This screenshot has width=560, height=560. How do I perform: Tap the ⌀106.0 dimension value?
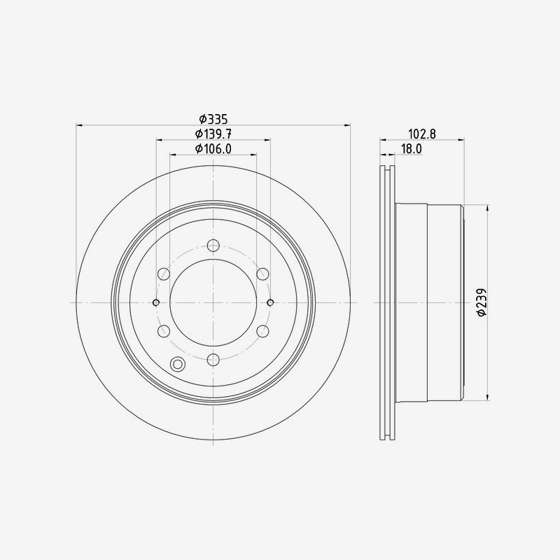pyautogui.click(x=213, y=148)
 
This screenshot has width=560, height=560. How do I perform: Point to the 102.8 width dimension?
pyautogui.click(x=423, y=133)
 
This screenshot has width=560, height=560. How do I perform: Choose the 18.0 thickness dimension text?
pyautogui.click(x=411, y=148)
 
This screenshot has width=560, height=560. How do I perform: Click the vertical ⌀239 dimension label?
pyautogui.click(x=482, y=302)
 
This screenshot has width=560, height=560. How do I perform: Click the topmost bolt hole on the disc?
pyautogui.click(x=213, y=246)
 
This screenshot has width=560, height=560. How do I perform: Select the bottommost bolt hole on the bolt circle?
pyautogui.click(x=213, y=359)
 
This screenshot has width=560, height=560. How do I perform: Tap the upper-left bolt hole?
pyautogui.click(x=164, y=274)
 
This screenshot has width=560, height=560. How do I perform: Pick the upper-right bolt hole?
pyautogui.click(x=262, y=274)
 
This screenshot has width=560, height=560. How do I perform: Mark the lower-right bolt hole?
pyautogui.click(x=262, y=330)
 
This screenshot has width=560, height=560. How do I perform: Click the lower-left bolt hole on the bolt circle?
pyautogui.click(x=164, y=330)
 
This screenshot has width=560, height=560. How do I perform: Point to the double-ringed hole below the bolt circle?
pyautogui.click(x=178, y=364)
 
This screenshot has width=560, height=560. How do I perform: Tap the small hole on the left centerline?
pyautogui.click(x=156, y=302)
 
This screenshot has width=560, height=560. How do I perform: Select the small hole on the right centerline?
pyautogui.click(x=271, y=302)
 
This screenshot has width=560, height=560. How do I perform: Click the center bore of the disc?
pyautogui.click(x=213, y=302)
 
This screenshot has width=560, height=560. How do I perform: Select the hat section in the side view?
pyautogui.click(x=428, y=302)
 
